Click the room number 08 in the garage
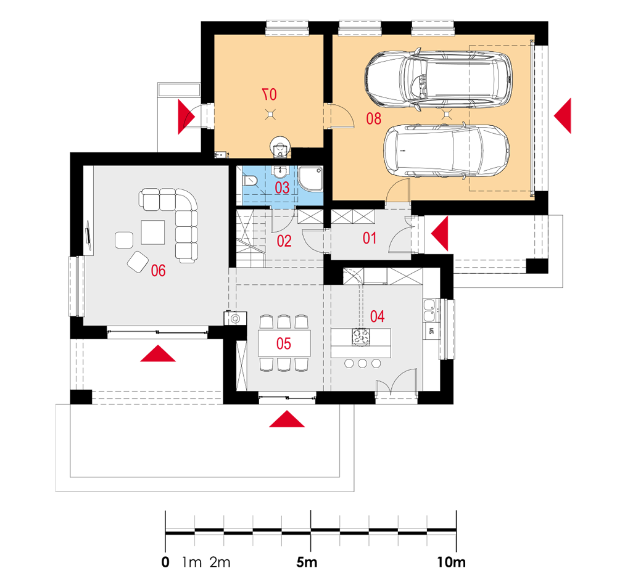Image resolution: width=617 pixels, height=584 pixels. point(373,118)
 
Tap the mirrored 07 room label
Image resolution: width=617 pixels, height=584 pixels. point(270,94)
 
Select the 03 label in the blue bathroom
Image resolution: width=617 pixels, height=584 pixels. point(282,187)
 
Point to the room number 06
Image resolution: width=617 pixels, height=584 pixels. point(158,271)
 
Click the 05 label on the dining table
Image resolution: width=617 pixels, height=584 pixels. point(283,343)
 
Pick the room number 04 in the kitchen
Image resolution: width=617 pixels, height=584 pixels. point(377,316)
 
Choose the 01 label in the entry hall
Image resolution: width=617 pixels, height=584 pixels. point(369,238)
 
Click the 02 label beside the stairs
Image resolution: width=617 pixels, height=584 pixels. point(284,241)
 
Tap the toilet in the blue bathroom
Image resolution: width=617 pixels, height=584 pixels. point(250,181)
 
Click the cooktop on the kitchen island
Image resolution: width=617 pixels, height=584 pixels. point(361,337)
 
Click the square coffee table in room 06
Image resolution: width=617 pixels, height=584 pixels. point(152,232)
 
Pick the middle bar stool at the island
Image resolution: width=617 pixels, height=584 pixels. point(362,363)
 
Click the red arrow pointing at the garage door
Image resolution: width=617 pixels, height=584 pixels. point(563,116)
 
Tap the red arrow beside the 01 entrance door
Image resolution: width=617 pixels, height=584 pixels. point(439,234)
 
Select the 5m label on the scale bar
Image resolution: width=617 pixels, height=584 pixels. point(307,562)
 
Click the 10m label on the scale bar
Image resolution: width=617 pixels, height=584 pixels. point(451,562)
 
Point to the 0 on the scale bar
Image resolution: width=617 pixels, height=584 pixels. point(165,562)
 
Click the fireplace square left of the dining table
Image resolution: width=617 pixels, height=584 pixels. point(235,318)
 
